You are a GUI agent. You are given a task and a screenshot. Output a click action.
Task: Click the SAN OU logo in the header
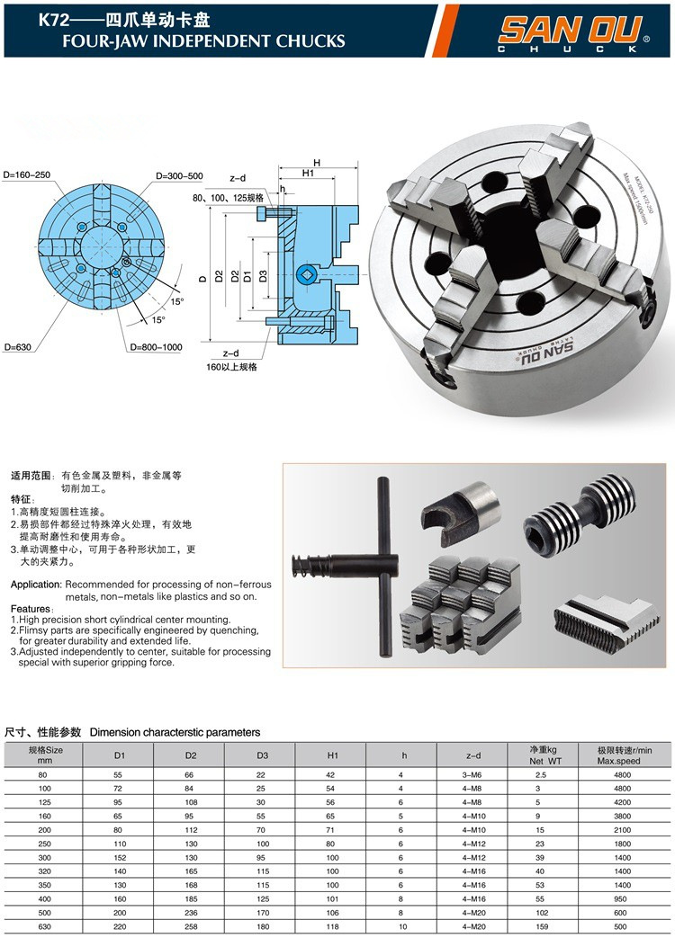pos(573,31)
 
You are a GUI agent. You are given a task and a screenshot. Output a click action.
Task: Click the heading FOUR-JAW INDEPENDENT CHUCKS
pos(192,40)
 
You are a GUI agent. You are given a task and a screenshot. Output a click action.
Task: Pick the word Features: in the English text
pos(31,609)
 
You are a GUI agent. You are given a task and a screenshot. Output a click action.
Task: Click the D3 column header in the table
pos(262,755)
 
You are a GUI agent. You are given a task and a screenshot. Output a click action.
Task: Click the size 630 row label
pos(43,927)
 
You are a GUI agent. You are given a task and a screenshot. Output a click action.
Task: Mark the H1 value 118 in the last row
pos(331,927)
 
